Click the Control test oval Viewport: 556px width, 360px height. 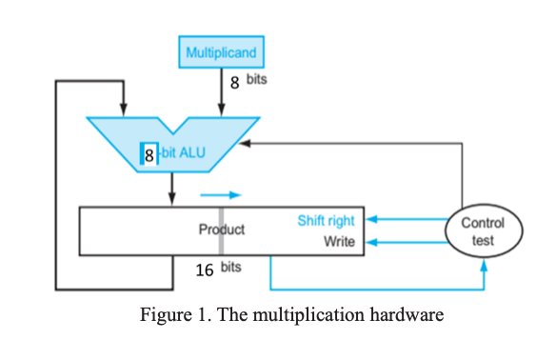point(484,231)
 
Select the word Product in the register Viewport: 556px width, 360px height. point(221,230)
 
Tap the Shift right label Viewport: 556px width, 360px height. point(326,221)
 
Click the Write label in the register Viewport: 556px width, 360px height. point(339,242)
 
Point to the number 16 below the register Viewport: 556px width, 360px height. point(205,270)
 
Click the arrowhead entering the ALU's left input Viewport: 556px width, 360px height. point(124,108)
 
